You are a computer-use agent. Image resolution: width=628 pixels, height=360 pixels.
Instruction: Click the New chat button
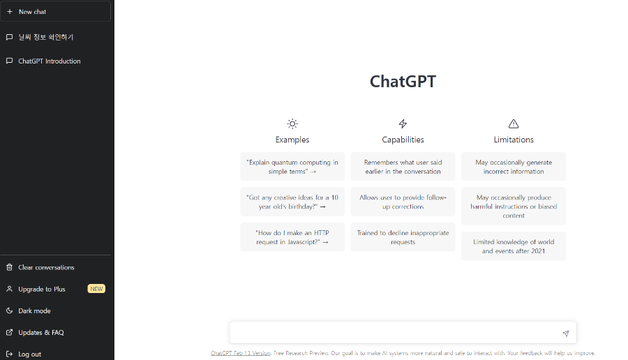tap(56, 12)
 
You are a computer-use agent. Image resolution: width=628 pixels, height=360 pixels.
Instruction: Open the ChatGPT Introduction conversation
tap(49, 61)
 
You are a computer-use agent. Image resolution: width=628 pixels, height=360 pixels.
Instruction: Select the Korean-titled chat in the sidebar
tap(46, 37)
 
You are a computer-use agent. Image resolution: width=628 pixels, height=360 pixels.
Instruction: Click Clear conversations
tap(46, 267)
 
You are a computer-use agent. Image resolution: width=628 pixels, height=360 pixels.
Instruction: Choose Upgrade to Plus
tap(42, 289)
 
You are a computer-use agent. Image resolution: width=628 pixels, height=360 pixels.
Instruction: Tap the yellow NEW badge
tap(96, 289)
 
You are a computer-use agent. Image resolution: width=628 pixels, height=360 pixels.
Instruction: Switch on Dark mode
tap(34, 310)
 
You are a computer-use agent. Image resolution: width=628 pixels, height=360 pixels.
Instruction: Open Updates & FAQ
tap(40, 332)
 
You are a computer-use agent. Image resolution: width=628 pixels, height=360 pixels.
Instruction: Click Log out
tap(29, 354)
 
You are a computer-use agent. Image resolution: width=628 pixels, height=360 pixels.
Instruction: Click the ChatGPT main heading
tap(403, 82)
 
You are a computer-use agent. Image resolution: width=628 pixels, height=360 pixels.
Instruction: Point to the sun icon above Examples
tap(292, 124)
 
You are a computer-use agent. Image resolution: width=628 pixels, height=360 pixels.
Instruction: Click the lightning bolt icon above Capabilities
tap(403, 124)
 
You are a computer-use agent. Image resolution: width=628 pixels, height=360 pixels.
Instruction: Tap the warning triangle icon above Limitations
tap(514, 124)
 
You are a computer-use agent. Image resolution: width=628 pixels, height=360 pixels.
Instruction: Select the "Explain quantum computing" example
tap(292, 167)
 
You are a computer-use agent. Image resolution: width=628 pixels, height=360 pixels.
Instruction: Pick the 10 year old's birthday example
tap(292, 202)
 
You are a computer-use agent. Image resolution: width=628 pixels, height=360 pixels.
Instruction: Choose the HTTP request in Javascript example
tap(292, 237)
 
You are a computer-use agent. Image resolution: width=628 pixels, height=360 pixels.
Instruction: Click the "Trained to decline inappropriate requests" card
tap(403, 237)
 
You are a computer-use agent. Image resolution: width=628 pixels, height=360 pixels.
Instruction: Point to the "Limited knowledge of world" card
tap(514, 246)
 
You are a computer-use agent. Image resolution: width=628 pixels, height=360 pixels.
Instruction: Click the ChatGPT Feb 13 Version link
tap(241, 353)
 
